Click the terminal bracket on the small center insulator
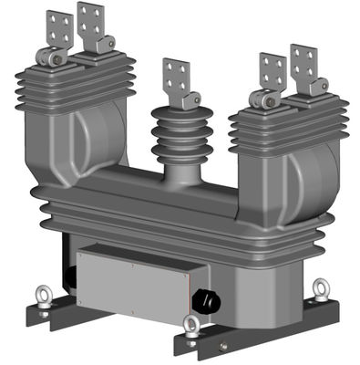pos(176,76)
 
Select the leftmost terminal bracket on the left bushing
pos(58,29)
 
